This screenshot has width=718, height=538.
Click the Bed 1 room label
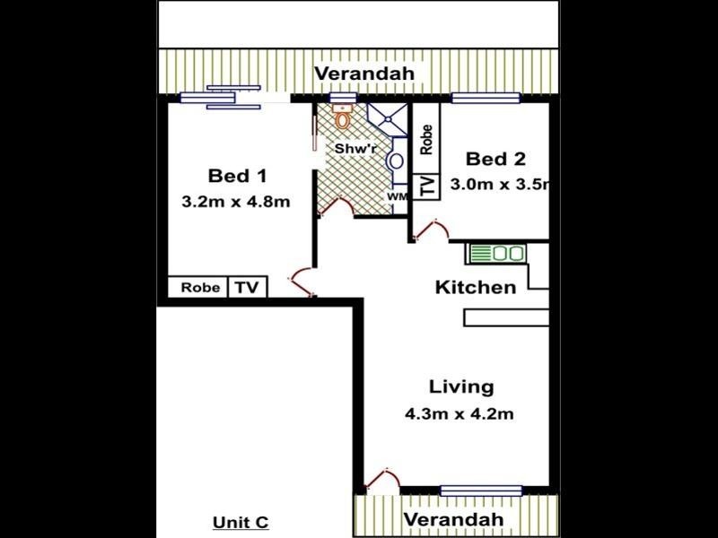coord(237,175)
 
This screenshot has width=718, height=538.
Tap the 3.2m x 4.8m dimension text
coord(235,202)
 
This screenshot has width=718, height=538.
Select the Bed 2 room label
coord(495,160)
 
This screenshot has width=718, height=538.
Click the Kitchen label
coord(476,287)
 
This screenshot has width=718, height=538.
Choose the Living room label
coord(461,387)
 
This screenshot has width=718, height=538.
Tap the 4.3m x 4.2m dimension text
coord(460,414)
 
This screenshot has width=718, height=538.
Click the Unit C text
coord(241,523)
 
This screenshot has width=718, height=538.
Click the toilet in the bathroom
coord(341,117)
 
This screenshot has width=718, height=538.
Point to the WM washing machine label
coord(396,195)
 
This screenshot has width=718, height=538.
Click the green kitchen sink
coord(496,254)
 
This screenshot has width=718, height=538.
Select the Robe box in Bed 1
coord(199,288)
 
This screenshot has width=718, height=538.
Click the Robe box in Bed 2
coord(427,141)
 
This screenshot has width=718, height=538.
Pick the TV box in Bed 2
coord(427,186)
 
